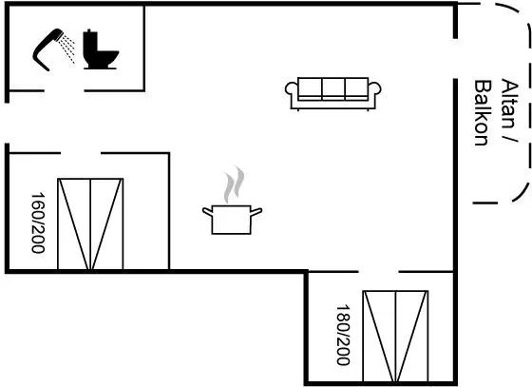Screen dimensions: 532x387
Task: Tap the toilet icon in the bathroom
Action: [x=101, y=49]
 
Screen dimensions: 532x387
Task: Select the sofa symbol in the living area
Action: [x=332, y=94]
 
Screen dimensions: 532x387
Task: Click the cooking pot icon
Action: [x=232, y=220]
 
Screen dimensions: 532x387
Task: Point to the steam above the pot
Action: [x=234, y=184]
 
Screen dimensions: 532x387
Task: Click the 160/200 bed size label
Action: [x=38, y=223]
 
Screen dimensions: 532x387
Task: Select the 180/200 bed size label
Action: [x=343, y=335]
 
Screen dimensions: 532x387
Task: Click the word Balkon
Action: [x=482, y=113]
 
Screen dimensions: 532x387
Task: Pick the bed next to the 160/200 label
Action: [x=90, y=224]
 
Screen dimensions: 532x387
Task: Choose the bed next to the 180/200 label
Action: [x=395, y=337]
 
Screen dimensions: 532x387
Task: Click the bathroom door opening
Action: [x=65, y=91]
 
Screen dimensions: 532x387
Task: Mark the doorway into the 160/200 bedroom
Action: [x=81, y=153]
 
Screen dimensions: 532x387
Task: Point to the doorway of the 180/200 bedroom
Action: [x=378, y=272]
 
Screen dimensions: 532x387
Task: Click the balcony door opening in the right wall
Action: [x=455, y=59]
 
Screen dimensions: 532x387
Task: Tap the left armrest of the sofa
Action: [x=291, y=89]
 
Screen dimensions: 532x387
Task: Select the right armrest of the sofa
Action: [x=374, y=89]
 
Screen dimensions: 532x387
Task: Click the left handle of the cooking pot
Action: [x=208, y=211]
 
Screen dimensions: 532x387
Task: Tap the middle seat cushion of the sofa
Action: [x=333, y=87]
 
